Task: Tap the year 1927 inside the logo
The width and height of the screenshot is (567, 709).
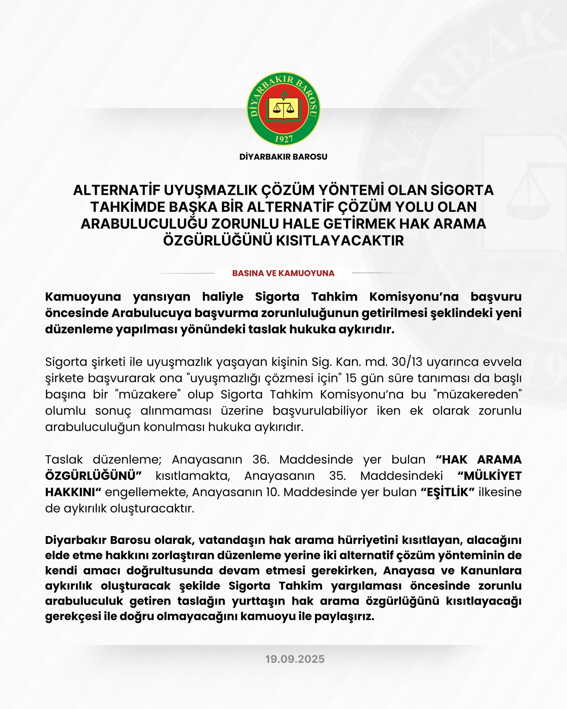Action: [283, 139]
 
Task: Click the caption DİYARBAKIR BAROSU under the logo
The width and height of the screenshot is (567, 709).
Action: [283, 157]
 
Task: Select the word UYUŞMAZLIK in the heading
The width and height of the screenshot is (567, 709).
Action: [211, 190]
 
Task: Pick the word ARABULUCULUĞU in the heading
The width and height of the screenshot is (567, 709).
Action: [144, 224]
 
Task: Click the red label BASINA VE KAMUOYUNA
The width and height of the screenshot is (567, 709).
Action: [283, 273]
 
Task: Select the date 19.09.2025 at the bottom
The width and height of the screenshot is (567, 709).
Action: [295, 659]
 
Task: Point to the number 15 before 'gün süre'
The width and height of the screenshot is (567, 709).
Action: [351, 378]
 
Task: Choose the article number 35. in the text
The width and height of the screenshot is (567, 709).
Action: [338, 476]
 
